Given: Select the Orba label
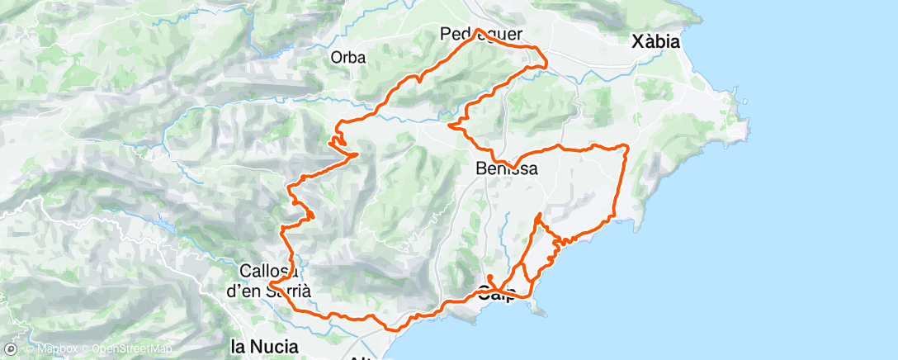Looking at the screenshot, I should [347, 58].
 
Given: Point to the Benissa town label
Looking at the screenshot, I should [508, 168].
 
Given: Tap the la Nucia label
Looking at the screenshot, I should [264, 345].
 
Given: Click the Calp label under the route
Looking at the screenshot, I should [499, 291].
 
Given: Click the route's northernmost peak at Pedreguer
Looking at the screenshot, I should [477, 30].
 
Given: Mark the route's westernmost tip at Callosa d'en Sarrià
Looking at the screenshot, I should [270, 285].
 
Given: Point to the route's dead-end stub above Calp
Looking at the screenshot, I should [489, 277].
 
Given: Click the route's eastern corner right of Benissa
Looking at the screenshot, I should [626, 146].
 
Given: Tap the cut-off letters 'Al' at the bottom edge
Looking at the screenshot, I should [361, 357].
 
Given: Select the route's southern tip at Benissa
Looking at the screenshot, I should [513, 168].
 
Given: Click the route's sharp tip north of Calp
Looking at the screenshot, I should [538, 215].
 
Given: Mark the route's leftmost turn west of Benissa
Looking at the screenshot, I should [449, 126].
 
